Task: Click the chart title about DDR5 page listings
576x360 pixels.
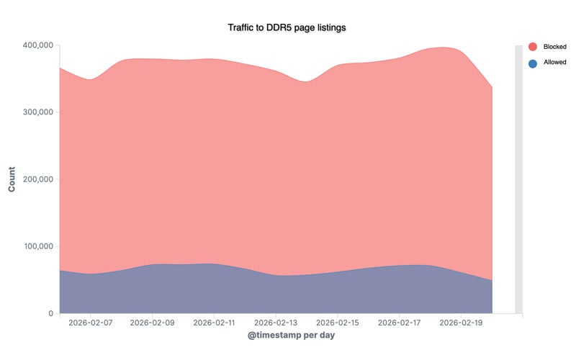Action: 287,27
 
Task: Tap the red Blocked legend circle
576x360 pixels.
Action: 533,47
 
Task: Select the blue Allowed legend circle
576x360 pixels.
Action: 533,63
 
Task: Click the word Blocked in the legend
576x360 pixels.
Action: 554,47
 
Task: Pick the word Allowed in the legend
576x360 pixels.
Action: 554,63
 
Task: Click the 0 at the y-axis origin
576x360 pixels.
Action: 51,313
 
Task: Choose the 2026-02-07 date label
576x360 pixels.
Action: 90,323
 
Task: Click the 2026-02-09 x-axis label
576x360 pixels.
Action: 152,323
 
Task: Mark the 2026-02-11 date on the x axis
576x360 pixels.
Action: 214,323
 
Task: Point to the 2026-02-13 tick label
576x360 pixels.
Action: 276,323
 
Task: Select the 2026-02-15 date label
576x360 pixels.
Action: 337,323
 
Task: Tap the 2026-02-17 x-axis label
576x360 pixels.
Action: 399,323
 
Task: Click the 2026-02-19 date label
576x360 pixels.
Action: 461,323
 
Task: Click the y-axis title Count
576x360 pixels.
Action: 12,179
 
